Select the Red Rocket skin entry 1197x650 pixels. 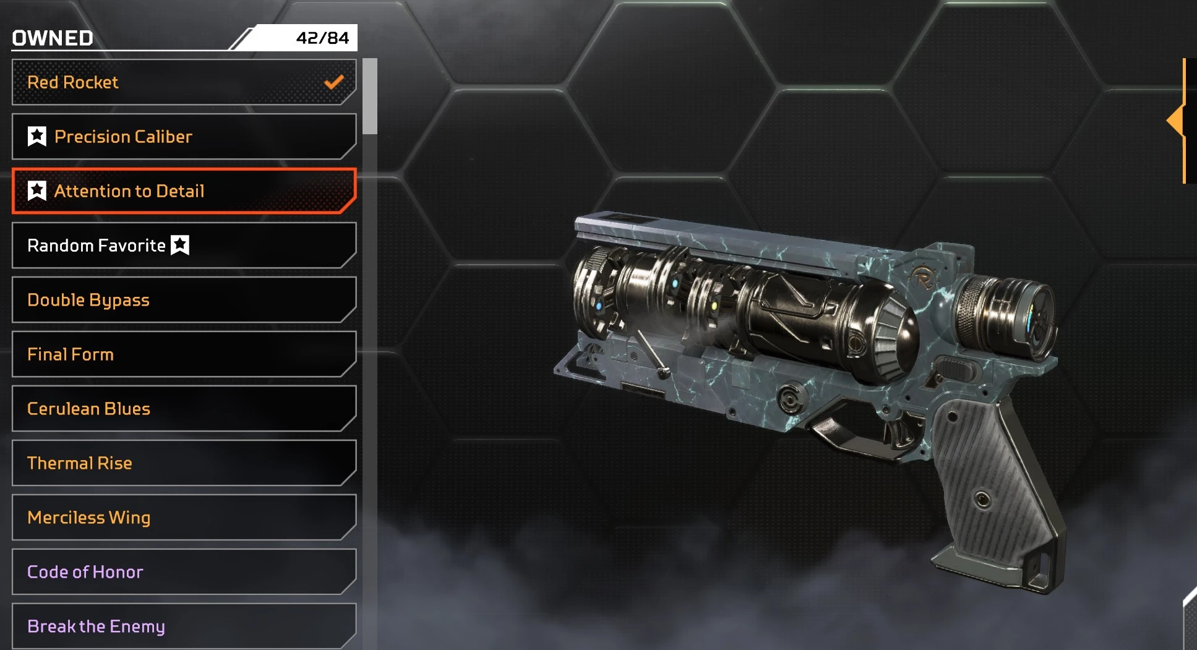(x=184, y=82)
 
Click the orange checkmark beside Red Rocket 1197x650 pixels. (x=334, y=82)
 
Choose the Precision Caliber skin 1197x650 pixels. (x=184, y=137)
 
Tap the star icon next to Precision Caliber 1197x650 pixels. (x=37, y=136)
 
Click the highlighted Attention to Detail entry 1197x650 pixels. (x=184, y=191)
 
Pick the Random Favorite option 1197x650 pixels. (x=184, y=246)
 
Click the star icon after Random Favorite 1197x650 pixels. (x=180, y=245)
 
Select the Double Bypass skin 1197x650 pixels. (x=184, y=300)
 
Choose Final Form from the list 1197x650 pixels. (x=184, y=354)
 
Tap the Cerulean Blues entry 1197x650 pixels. (x=184, y=409)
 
